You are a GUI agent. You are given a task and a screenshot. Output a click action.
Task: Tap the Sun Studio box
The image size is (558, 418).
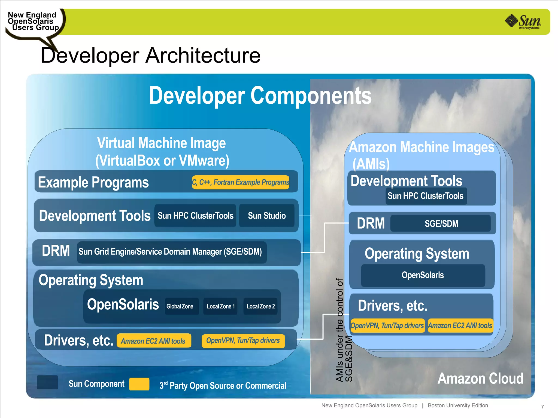click(x=267, y=216)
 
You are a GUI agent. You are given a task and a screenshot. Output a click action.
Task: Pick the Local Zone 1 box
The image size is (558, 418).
click(x=220, y=306)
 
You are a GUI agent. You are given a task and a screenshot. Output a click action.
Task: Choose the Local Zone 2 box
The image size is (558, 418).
click(x=260, y=306)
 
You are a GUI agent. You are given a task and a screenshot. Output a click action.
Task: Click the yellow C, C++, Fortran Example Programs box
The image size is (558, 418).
click(x=241, y=182)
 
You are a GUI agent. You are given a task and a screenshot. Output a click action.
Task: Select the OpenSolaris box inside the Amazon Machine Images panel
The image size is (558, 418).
click(x=423, y=275)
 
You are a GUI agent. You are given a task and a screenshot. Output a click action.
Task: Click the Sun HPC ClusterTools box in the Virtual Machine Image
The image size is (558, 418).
click(x=195, y=216)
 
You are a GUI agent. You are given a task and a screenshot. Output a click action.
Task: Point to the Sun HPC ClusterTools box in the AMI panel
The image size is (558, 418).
click(x=426, y=196)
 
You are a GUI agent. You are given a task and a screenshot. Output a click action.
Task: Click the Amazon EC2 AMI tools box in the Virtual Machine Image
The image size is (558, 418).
click(x=154, y=341)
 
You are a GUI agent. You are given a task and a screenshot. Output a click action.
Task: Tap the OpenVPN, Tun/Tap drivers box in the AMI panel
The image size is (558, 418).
click(x=387, y=325)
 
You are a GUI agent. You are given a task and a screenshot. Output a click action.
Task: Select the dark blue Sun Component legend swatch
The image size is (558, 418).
click(x=47, y=382)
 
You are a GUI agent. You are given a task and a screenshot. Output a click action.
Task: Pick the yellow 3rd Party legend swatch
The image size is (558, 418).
click(x=139, y=384)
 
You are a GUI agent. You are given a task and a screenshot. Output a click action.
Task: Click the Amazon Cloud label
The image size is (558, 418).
click(x=480, y=379)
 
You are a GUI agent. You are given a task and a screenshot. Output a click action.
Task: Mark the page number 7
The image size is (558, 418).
click(x=542, y=407)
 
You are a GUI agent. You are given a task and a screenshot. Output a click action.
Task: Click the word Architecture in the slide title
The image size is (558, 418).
click(x=203, y=56)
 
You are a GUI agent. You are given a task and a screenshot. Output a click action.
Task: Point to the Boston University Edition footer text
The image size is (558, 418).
click(x=458, y=405)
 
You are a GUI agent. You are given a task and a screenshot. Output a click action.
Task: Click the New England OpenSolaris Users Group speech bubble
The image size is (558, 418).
click(x=33, y=22)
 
